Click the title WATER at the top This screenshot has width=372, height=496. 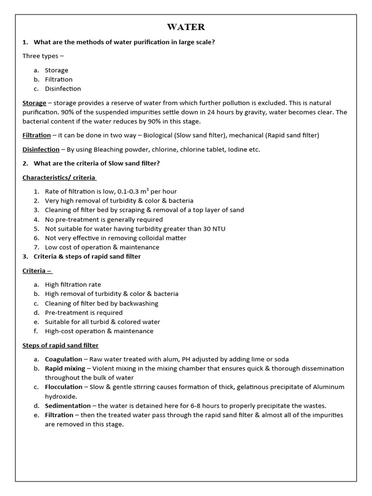click(x=186, y=27)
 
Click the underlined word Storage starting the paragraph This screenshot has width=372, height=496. click(x=34, y=103)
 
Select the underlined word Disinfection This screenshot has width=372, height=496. click(x=41, y=150)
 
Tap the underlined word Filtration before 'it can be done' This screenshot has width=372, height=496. click(x=36, y=136)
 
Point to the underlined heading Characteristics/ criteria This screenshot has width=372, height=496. click(x=59, y=178)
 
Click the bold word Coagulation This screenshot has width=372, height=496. click(x=63, y=359)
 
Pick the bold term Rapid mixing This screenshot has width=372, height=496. click(x=64, y=369)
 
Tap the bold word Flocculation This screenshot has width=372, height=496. click(x=64, y=387)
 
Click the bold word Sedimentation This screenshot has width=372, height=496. click(x=68, y=406)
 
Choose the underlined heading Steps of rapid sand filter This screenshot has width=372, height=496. click(x=61, y=346)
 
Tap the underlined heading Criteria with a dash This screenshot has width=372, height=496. click(x=37, y=271)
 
